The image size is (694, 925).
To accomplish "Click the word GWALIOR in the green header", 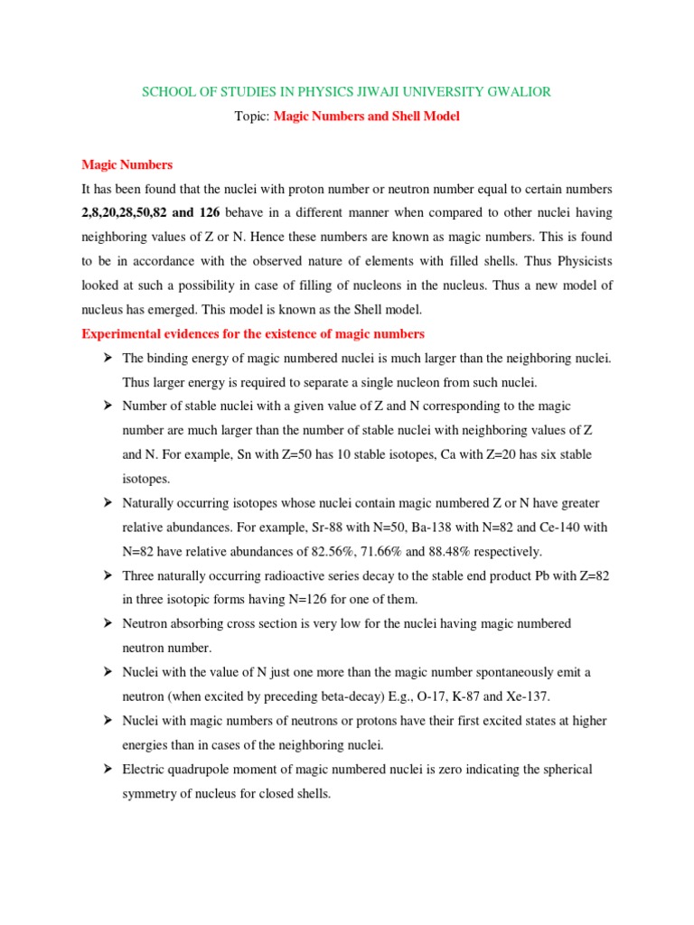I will click(x=517, y=92).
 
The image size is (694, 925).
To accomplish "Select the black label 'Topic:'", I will click(x=252, y=117).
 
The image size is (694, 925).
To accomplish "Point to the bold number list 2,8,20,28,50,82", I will click(x=126, y=213).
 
